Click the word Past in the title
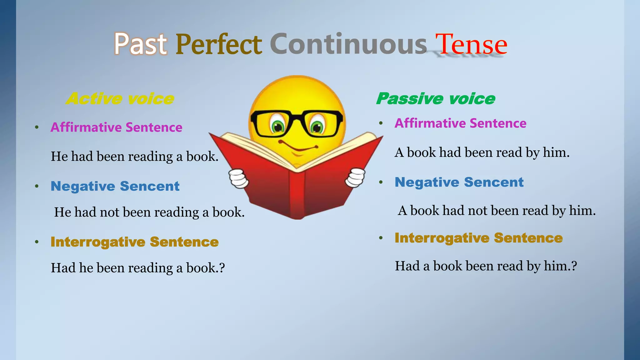140,44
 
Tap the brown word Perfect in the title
218,44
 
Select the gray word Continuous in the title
348,44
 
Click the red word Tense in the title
471,44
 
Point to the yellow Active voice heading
120,99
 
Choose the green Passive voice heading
436,99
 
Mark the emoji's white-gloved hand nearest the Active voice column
239,178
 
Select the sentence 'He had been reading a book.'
134,156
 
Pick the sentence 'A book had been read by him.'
482,152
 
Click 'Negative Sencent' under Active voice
115,186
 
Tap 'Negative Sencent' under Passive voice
459,182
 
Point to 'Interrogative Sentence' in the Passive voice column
478,238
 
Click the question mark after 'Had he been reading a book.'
222,268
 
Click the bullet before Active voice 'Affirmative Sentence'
37,127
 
